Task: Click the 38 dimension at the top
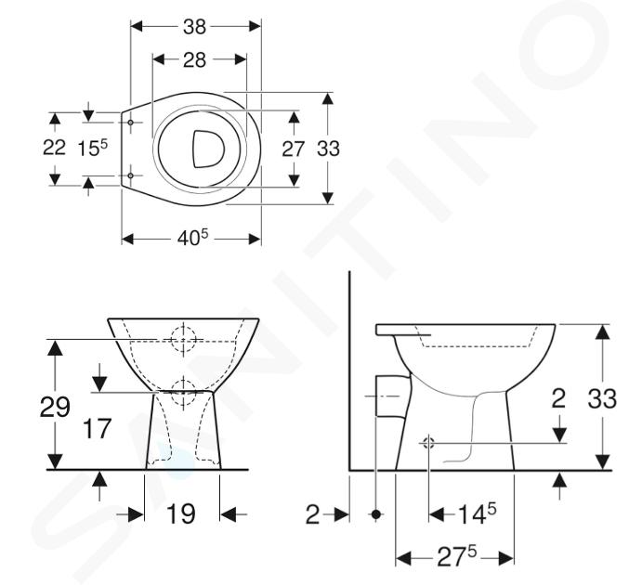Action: click(194, 27)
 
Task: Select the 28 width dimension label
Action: click(194, 60)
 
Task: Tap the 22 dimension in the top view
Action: click(54, 148)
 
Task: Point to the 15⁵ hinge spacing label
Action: click(93, 148)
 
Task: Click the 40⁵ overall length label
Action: click(192, 238)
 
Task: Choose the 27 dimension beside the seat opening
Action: click(294, 149)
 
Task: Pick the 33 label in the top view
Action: click(328, 149)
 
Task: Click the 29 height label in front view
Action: click(55, 407)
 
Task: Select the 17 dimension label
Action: click(97, 428)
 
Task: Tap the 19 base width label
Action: click(181, 513)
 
